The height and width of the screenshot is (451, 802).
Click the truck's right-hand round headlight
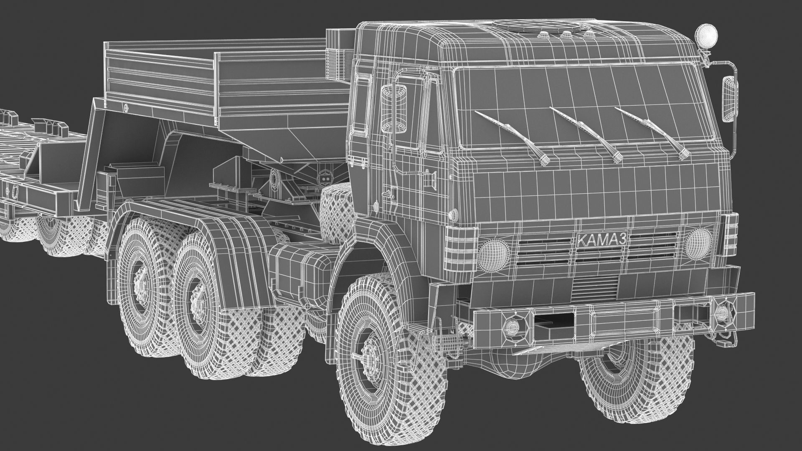[698, 241]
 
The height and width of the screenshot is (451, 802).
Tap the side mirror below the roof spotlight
[730, 99]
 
